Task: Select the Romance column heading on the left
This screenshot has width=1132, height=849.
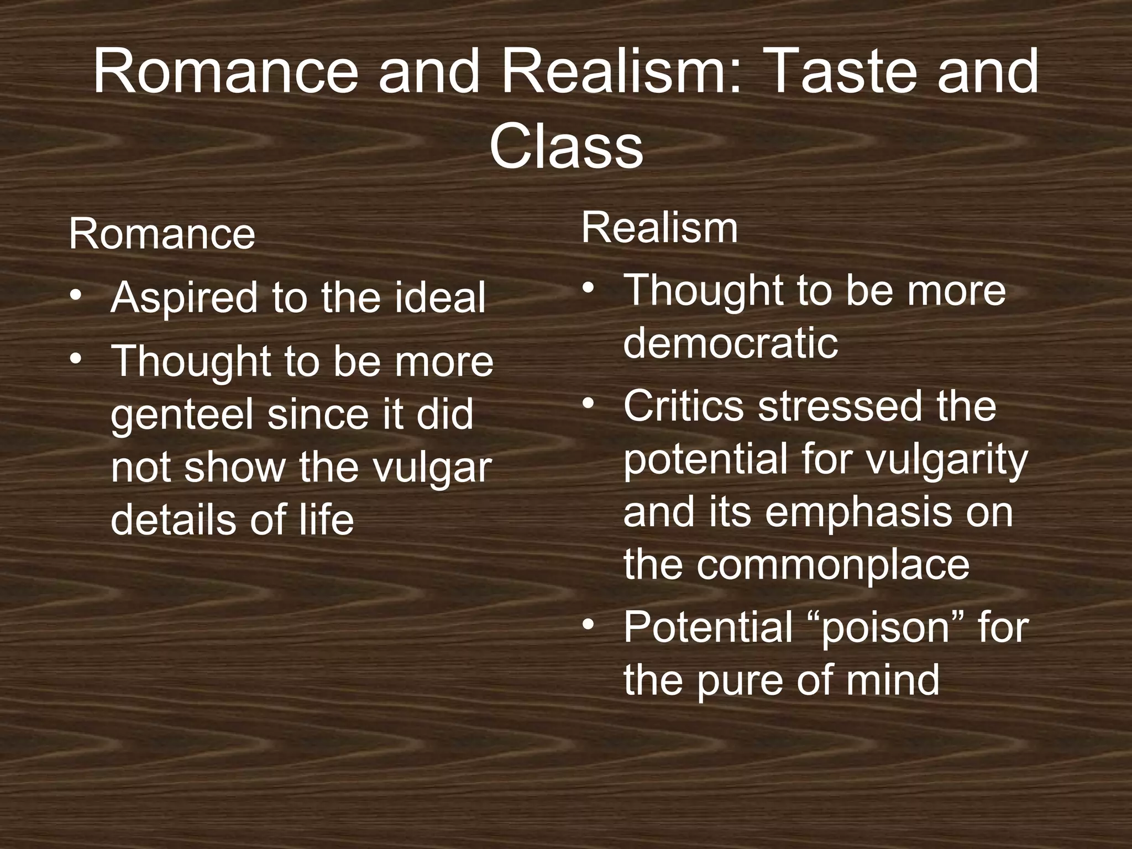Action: (162, 234)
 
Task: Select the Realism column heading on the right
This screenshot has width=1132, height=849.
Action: (659, 228)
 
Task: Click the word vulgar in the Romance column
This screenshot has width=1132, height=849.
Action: (431, 468)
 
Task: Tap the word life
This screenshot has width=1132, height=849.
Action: (326, 520)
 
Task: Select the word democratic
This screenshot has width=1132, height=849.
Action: (730, 343)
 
